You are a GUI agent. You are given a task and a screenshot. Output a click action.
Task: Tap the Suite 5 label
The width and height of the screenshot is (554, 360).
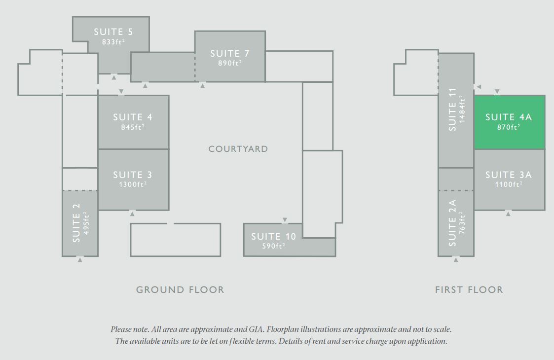(x=113, y=32)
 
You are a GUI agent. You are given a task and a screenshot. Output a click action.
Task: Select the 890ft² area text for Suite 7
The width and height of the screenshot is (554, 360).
(x=230, y=63)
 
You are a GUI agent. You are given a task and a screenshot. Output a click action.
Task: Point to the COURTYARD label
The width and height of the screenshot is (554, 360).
(x=238, y=149)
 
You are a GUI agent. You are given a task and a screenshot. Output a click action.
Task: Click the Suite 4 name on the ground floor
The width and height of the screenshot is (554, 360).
(x=133, y=117)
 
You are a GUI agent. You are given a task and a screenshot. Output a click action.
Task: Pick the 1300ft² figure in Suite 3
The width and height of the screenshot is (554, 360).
(x=133, y=184)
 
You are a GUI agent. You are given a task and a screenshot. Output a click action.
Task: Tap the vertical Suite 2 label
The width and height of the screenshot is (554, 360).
(x=76, y=222)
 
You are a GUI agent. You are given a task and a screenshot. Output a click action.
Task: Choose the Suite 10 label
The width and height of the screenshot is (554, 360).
(x=274, y=237)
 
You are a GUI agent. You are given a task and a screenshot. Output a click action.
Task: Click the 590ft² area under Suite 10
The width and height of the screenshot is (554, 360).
(x=274, y=246)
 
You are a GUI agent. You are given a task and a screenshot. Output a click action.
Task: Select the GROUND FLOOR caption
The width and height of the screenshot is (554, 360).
(x=180, y=290)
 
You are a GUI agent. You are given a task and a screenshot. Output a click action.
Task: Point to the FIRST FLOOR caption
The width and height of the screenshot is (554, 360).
(x=469, y=290)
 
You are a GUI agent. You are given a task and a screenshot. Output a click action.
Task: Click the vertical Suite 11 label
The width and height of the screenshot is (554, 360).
(x=452, y=109)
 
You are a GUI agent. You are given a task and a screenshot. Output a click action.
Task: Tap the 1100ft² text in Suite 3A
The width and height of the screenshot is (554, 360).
(x=509, y=184)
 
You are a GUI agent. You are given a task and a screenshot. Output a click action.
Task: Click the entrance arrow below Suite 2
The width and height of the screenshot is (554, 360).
(x=80, y=259)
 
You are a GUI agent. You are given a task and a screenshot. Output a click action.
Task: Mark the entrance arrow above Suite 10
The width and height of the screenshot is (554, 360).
(x=285, y=220)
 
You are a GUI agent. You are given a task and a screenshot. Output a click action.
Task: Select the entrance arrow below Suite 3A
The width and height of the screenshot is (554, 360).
(x=508, y=213)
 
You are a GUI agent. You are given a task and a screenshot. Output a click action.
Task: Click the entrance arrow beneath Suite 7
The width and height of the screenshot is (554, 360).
(x=203, y=85)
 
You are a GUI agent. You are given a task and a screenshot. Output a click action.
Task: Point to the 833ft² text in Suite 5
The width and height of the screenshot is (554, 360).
(x=113, y=42)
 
